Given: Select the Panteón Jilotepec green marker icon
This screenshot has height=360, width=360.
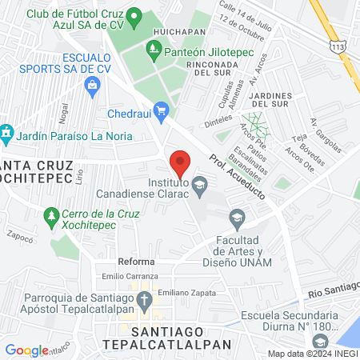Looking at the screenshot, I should pyautogui.click(x=154, y=52).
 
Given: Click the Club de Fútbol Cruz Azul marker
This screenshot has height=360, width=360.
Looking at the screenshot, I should pyautogui.click(x=134, y=15).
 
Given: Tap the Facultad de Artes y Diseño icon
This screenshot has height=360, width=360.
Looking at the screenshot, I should pyautogui.click(x=237, y=218).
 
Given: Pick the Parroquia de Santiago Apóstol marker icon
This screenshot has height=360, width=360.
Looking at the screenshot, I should pyautogui.click(x=145, y=302).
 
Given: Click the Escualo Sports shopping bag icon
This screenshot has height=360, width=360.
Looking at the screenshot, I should pyautogui.click(x=94, y=83).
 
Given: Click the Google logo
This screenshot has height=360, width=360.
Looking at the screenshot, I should pyautogui.click(x=26, y=350).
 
